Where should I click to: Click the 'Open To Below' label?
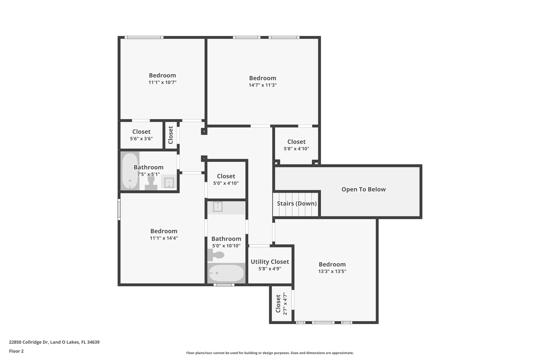click(363, 189)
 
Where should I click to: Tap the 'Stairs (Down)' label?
click(297, 204)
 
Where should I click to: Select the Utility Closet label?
click(270, 262)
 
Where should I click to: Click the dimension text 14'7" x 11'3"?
click(263, 85)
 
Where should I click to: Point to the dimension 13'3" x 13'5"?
click(332, 271)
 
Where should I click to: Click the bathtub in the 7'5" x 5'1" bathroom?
click(130, 171)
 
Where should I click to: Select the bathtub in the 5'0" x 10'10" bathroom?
click(226, 273)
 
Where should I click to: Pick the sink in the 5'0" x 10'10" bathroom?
click(218, 207)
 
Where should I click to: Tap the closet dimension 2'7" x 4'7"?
click(285, 304)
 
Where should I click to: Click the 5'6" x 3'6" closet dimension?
click(141, 139)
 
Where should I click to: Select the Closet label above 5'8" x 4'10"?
click(296, 142)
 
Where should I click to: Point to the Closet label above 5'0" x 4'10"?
click(226, 176)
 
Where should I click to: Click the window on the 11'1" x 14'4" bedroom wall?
click(119, 209)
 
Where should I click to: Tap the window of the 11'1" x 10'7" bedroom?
click(144, 37)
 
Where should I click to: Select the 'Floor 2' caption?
click(16, 351)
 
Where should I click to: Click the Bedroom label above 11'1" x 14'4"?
click(164, 231)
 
